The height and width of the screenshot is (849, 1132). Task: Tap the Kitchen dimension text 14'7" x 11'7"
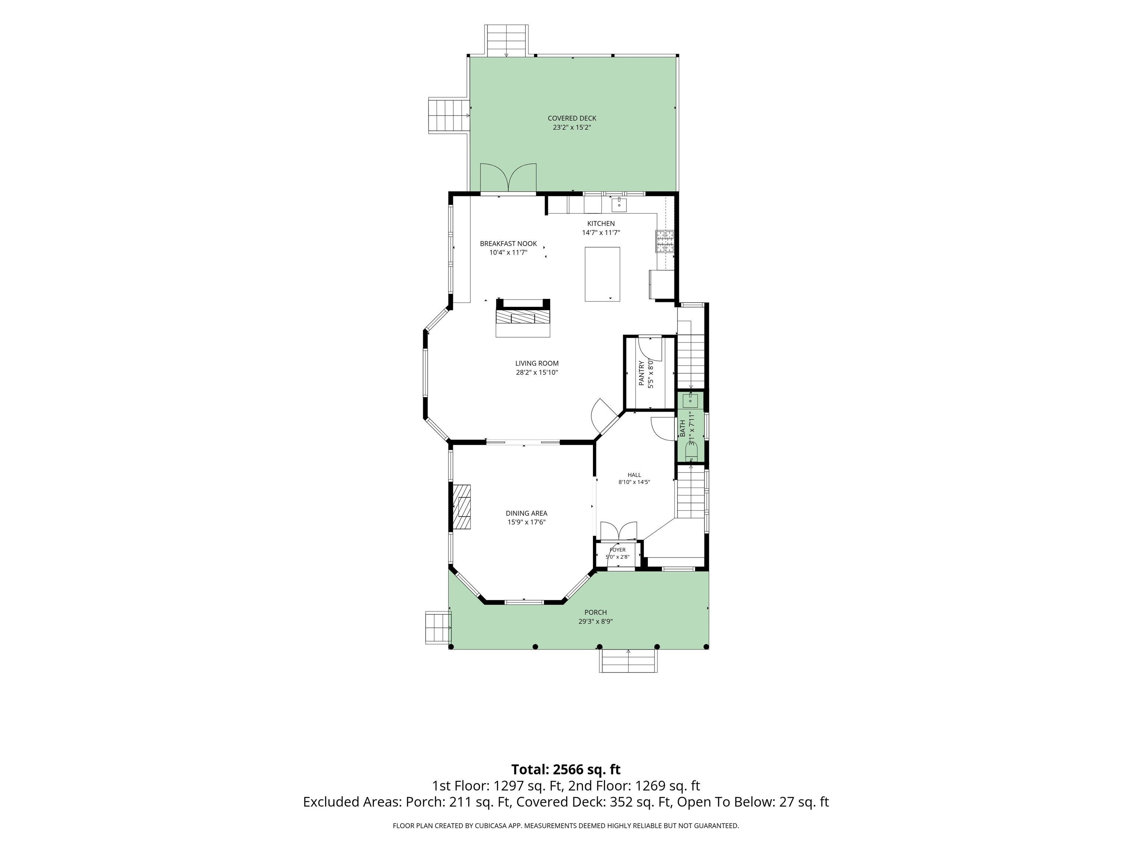tap(601, 233)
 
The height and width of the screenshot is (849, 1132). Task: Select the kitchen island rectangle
tap(602, 274)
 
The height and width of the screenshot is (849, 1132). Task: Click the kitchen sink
tap(619, 205)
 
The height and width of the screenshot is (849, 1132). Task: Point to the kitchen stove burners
tap(665, 242)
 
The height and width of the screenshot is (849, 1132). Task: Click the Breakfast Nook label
tap(508, 244)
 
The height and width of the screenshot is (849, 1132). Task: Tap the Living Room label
tap(537, 363)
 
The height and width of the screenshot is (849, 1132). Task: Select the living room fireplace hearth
tap(523, 318)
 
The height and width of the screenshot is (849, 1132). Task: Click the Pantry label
tap(641, 373)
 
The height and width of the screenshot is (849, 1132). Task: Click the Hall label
tap(634, 475)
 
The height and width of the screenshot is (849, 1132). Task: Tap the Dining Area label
tap(527, 513)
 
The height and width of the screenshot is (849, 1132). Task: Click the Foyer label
tap(618, 550)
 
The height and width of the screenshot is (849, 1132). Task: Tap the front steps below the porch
tap(628, 661)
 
